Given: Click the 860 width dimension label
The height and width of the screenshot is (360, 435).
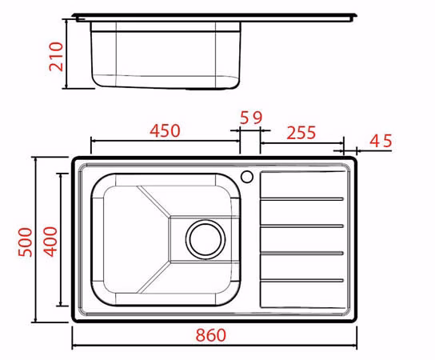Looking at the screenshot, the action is (211, 335).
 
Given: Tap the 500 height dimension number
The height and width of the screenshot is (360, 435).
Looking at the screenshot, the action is (26, 242).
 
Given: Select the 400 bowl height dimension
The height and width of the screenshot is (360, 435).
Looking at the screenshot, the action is (50, 242).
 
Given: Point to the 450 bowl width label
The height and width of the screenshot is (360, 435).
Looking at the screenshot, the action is (165, 130).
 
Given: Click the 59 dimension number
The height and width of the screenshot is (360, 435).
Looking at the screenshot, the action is (251, 118).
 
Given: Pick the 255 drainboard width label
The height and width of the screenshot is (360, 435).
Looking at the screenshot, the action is (301, 133).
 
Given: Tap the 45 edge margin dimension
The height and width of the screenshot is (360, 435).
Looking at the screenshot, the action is (381, 141).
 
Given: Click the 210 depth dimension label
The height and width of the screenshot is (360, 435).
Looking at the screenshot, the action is (56, 57).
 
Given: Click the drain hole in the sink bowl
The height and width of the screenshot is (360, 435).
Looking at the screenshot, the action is (206, 239).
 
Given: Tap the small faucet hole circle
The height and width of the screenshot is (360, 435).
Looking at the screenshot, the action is (246, 177).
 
